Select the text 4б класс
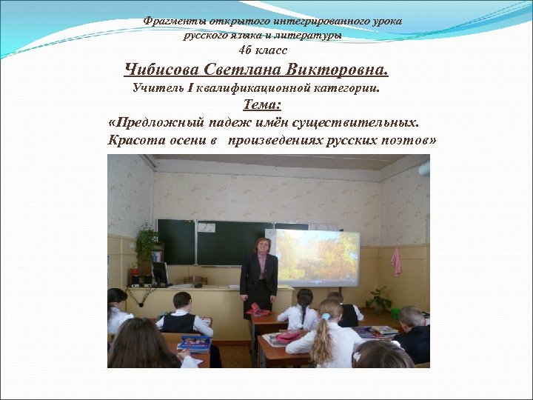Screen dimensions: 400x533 point(263,50)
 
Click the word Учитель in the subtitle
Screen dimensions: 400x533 point(155,88)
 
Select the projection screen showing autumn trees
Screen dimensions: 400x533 point(317,257)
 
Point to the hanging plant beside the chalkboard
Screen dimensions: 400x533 point(147,241)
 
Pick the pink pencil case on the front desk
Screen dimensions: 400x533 point(258,308)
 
